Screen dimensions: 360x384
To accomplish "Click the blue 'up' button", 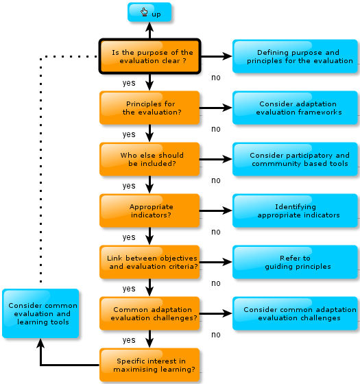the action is click(x=149, y=12).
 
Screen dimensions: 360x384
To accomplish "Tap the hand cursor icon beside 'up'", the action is click(x=144, y=12).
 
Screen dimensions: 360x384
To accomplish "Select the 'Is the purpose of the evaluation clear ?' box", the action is click(x=150, y=56).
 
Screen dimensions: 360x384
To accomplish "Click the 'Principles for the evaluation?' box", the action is click(x=149, y=108).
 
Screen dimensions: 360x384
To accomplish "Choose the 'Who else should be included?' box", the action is click(x=149, y=159).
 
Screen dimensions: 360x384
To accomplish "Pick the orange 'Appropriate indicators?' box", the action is click(x=149, y=211).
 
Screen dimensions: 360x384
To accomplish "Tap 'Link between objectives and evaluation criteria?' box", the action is click(x=149, y=262).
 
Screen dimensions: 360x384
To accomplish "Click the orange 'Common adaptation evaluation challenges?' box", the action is click(x=149, y=313).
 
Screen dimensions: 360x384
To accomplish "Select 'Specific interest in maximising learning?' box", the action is click(x=149, y=365).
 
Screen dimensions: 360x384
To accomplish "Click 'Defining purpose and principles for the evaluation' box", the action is click(x=295, y=56).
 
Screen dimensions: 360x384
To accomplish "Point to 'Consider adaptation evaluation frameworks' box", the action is click(x=295, y=108).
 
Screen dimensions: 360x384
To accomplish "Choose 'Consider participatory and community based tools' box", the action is click(x=295, y=159).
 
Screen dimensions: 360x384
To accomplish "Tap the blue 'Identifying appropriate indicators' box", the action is click(x=295, y=211).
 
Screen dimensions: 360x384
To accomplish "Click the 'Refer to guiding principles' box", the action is click(x=295, y=262).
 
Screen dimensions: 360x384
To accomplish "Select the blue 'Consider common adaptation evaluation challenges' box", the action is click(x=295, y=313).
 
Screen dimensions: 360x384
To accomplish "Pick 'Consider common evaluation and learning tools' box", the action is click(x=40, y=313).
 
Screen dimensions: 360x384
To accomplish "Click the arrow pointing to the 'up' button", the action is click(x=149, y=30).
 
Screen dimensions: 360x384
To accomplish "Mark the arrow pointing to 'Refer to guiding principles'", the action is click(x=215, y=262).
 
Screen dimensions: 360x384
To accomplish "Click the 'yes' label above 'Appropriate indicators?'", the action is click(x=129, y=186).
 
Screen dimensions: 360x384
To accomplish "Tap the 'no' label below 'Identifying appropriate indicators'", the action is click(x=216, y=232).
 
